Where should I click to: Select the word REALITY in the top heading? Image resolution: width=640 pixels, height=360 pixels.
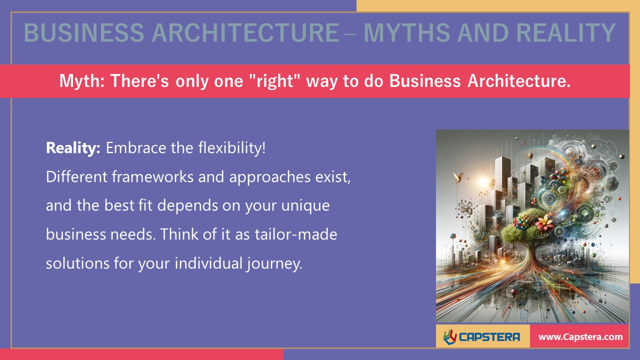565,33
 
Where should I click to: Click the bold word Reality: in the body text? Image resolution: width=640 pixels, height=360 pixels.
73,148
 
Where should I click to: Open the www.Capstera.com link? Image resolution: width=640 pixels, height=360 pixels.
580,337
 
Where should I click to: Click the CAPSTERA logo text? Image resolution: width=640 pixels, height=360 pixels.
489,337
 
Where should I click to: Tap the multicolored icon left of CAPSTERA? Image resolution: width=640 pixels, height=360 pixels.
450,336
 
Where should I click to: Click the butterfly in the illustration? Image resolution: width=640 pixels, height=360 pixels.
456,176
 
